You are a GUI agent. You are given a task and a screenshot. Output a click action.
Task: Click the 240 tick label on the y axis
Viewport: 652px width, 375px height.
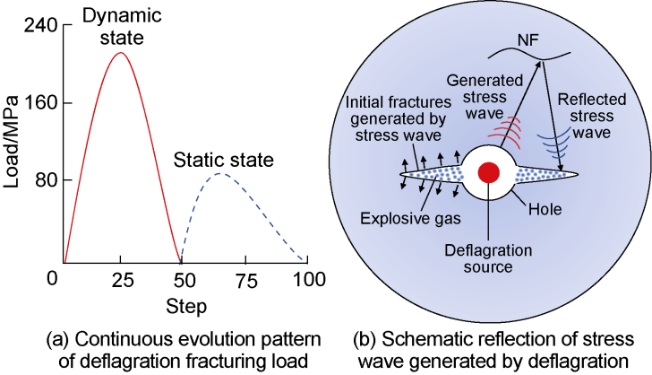[x=40, y=26]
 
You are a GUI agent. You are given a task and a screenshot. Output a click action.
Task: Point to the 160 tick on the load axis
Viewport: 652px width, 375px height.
[x=40, y=103]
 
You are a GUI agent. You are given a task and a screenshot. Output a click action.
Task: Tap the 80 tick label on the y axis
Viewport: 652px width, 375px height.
[x=47, y=180]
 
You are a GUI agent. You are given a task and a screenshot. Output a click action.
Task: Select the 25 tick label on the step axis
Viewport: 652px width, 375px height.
[x=122, y=281]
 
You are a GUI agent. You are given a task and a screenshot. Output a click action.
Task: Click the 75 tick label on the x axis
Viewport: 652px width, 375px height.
[x=246, y=281]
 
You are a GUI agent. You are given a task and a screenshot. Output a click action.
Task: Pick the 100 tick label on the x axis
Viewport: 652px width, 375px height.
[x=308, y=279]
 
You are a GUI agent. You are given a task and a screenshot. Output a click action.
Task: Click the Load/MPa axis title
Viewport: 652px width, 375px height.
[x=12, y=142]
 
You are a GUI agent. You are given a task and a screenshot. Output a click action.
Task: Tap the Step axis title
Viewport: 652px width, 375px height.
[x=186, y=306]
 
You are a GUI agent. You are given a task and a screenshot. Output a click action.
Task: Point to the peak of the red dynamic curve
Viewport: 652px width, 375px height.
[x=121, y=53]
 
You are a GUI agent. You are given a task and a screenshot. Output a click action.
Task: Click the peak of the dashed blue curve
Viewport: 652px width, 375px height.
[x=221, y=173]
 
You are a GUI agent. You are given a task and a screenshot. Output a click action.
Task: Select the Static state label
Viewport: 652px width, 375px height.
[x=224, y=160]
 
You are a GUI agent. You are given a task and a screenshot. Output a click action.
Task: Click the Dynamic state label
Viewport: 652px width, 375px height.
[x=122, y=26]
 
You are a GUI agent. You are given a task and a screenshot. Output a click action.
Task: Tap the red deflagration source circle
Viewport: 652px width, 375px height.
[x=489, y=172]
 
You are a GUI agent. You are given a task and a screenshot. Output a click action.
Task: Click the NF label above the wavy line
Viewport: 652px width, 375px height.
[x=528, y=40]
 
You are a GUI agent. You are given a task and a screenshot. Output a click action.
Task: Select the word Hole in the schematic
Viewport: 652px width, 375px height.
[x=545, y=209]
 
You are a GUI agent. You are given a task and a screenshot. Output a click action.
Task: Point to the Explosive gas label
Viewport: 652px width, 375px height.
[x=410, y=218]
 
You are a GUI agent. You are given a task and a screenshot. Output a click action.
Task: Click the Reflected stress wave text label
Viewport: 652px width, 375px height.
[x=592, y=116]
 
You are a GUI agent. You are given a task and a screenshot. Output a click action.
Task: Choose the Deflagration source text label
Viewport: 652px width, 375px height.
[x=488, y=258]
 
